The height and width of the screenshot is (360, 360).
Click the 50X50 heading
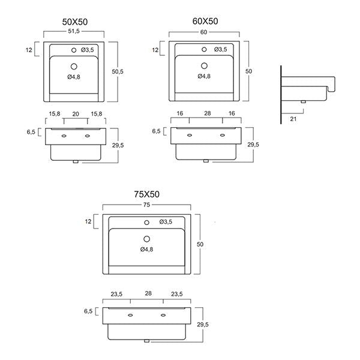tap(76, 22)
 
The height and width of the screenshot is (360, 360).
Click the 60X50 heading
tap(205, 22)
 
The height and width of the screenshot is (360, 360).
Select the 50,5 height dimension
tap(118, 71)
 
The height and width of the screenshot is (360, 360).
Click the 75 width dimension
tap(147, 205)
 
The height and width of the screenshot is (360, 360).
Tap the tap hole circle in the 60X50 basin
tap(204, 49)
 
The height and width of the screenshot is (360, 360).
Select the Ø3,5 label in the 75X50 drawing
tap(166, 223)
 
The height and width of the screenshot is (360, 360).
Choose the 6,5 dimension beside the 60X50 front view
tap(157, 130)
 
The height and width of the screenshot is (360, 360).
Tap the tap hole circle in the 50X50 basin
tap(75, 49)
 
